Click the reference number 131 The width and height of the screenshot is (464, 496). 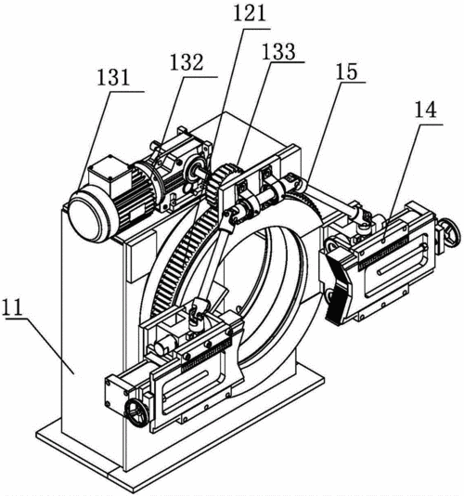pyautogui.click(x=113, y=78)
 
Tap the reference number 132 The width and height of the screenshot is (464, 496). pyautogui.click(x=187, y=62)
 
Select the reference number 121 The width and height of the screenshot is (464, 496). pyautogui.click(x=250, y=14)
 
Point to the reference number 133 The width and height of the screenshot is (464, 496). pyautogui.click(x=278, y=51)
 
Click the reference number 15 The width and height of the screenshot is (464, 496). pyautogui.click(x=347, y=72)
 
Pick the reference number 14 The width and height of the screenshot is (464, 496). pyautogui.click(x=425, y=110)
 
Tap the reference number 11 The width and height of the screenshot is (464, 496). pyautogui.click(x=12, y=307)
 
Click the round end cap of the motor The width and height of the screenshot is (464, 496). pyautogui.click(x=85, y=214)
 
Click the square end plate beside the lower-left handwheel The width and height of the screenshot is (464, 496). pyautogui.click(x=116, y=392)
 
